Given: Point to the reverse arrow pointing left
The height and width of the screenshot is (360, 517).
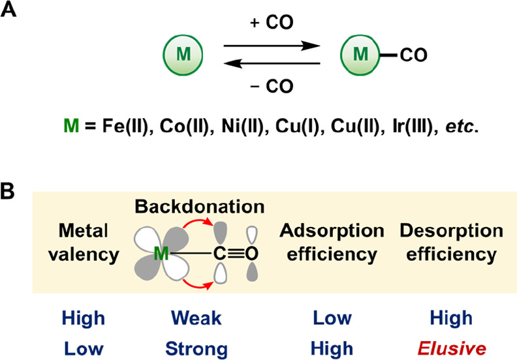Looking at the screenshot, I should pyautogui.click(x=272, y=64).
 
